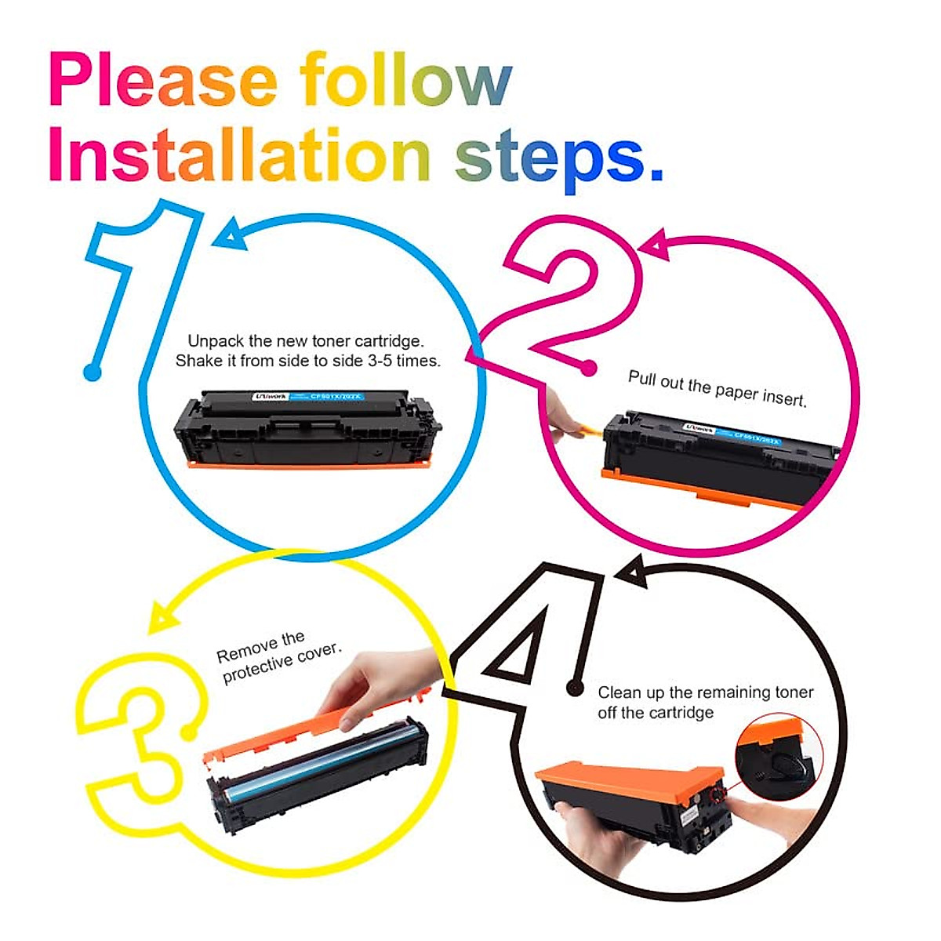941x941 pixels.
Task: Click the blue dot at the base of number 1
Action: (x=93, y=372)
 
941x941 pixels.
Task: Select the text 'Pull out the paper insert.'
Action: (x=717, y=388)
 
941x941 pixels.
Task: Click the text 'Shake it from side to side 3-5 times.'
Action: (x=307, y=362)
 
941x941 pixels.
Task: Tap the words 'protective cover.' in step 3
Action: (x=282, y=663)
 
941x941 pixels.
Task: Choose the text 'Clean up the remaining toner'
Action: (x=705, y=692)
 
